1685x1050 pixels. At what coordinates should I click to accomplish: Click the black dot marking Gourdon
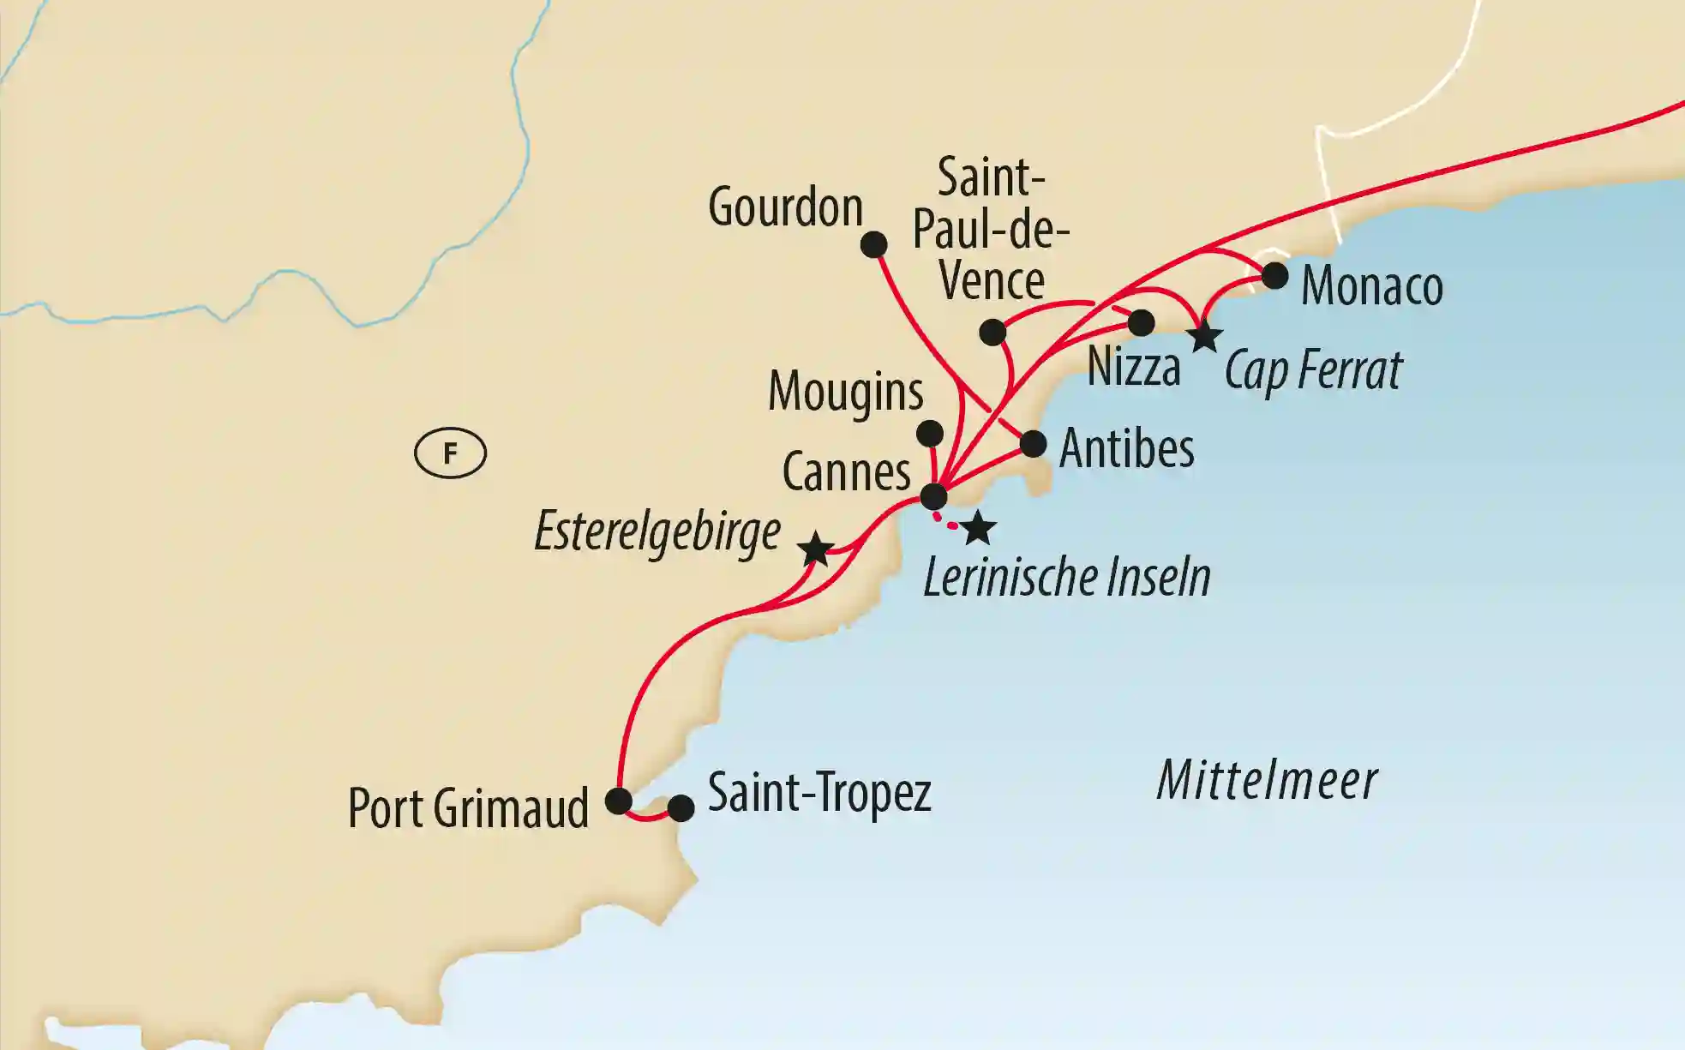(x=873, y=245)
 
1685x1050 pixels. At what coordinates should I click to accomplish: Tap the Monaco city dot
(x=1275, y=276)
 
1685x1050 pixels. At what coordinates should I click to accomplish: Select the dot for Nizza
(x=1141, y=323)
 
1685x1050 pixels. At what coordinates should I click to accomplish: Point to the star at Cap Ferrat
(x=1205, y=337)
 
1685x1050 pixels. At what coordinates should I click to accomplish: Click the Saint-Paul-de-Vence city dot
(x=992, y=332)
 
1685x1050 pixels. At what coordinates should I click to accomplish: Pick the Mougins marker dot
(x=930, y=433)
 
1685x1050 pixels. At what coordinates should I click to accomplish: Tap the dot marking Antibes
(x=1033, y=444)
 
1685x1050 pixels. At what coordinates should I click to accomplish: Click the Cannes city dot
(x=933, y=496)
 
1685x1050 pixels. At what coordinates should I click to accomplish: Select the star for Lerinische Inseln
(x=978, y=529)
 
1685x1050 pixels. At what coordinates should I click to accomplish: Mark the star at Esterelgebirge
(x=815, y=549)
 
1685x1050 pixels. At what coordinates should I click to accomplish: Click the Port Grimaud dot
(x=619, y=801)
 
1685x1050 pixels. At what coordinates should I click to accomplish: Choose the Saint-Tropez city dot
(x=681, y=808)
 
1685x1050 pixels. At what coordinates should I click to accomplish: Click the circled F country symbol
(x=450, y=453)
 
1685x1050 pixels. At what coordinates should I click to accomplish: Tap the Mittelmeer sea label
(x=1267, y=781)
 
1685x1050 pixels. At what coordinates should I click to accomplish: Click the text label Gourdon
(x=785, y=208)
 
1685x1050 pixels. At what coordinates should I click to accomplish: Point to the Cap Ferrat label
(x=1312, y=370)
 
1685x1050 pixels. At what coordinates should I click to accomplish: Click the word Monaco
(x=1371, y=286)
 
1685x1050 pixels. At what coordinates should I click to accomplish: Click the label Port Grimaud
(x=468, y=808)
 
